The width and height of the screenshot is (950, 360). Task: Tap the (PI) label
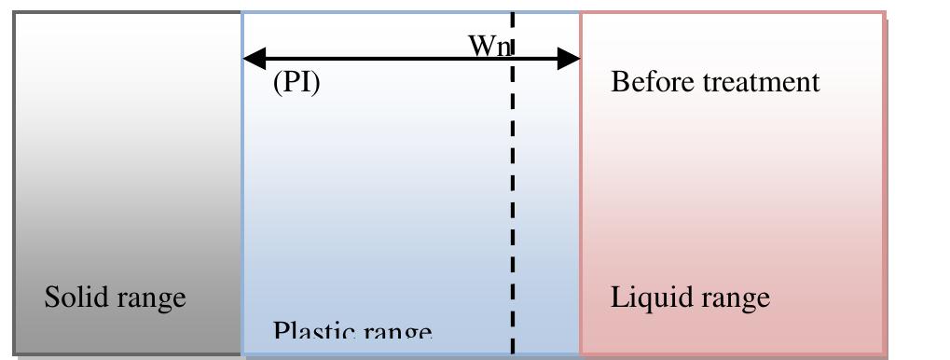296,83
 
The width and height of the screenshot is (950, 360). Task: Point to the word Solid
72,298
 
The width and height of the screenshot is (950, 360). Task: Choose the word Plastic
304,333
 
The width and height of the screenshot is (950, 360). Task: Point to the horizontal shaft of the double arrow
392,59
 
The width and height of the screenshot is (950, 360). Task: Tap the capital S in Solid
51,298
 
